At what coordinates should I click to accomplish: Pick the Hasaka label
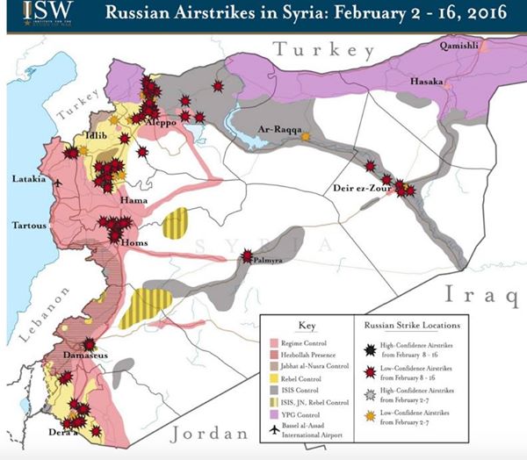coord(426,81)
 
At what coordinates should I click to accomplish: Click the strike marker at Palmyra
coord(247,257)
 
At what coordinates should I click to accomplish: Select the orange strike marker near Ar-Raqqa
coord(305,137)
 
